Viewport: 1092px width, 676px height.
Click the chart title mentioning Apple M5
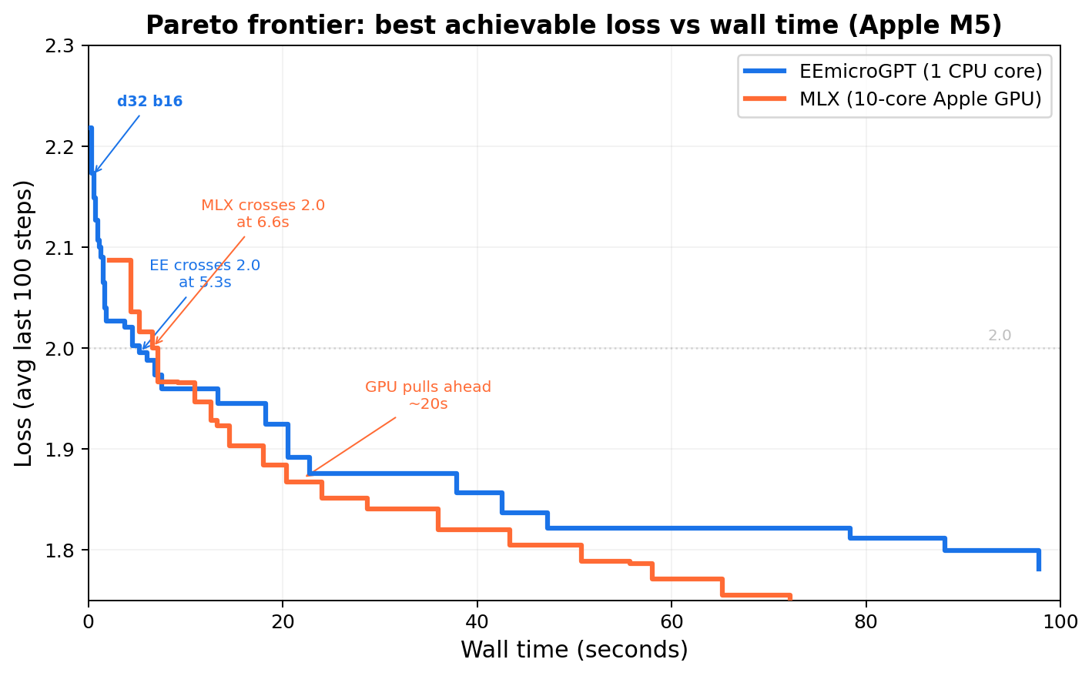pyautogui.click(x=574, y=25)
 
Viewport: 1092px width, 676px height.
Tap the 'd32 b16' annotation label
pyautogui.click(x=149, y=102)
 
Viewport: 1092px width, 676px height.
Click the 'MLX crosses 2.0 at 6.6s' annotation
pyautogui.click(x=263, y=214)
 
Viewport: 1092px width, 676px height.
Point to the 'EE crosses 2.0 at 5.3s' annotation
pyautogui.click(x=205, y=274)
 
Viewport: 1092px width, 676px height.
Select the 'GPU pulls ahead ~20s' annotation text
pyautogui.click(x=427, y=395)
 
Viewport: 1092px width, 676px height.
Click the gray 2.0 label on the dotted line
pyautogui.click(x=999, y=336)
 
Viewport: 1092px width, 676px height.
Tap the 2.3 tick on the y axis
pyautogui.click(x=65, y=46)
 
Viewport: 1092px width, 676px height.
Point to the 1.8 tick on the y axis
pyautogui.click(x=65, y=551)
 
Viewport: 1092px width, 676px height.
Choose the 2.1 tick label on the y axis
pyautogui.click(x=65, y=248)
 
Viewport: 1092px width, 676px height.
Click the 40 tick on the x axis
pyautogui.click(x=477, y=620)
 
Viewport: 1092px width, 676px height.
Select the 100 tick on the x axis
pyautogui.click(x=1060, y=620)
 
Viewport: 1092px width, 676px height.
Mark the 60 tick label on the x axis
pyautogui.click(x=672, y=620)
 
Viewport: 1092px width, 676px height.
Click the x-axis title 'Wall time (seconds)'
pyautogui.click(x=574, y=650)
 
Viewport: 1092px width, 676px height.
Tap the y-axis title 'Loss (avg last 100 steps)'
pyautogui.click(x=25, y=323)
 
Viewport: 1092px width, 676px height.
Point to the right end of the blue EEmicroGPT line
pyautogui.click(x=1039, y=568)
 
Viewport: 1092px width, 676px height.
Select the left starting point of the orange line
pyautogui.click(x=108, y=260)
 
